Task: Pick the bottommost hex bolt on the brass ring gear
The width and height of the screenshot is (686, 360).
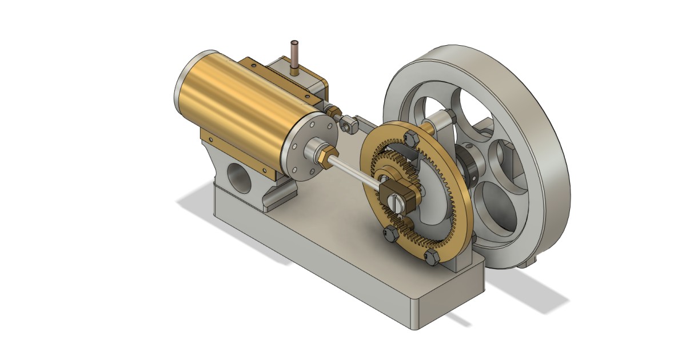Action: (432, 257)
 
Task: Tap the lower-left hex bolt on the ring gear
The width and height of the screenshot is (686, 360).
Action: (390, 233)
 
